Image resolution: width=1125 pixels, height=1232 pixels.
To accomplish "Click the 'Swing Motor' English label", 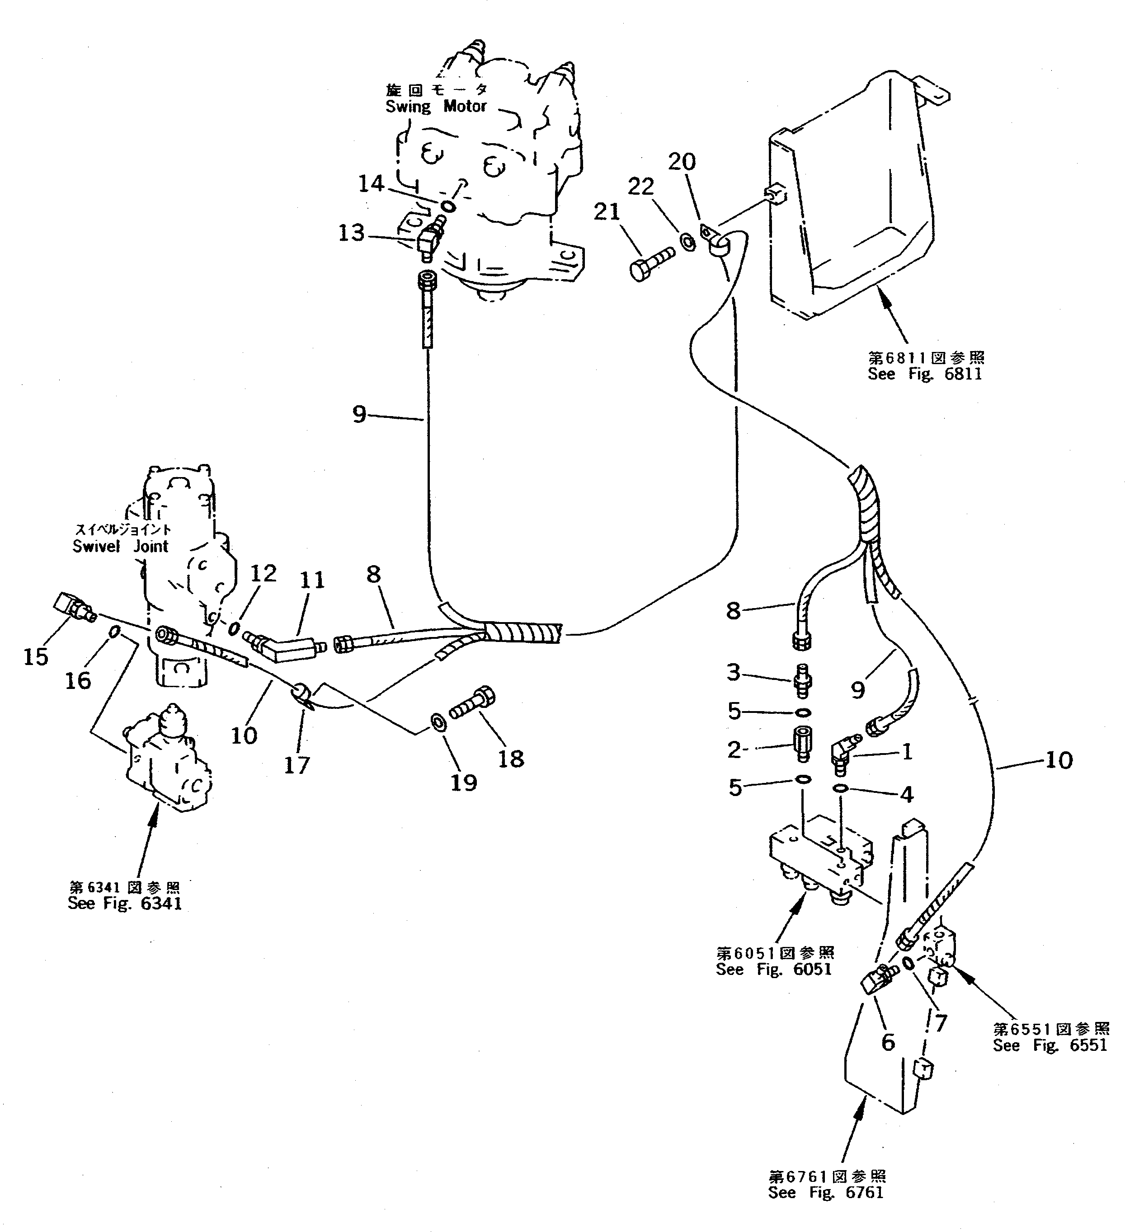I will tap(435, 106).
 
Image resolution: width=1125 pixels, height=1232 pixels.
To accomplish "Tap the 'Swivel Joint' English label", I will tap(120, 546).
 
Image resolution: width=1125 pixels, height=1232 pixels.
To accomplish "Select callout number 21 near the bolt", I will tap(607, 212).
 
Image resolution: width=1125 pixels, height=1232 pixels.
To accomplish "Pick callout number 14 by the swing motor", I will tap(371, 183).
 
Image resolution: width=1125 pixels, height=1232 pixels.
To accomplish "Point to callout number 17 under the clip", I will tap(297, 764).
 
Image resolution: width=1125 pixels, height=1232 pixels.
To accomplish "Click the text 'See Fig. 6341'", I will tap(125, 904).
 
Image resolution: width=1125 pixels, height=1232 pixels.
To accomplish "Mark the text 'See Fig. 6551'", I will tap(1050, 1045).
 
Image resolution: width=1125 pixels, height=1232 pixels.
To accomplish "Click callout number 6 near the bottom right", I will tap(888, 1041).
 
